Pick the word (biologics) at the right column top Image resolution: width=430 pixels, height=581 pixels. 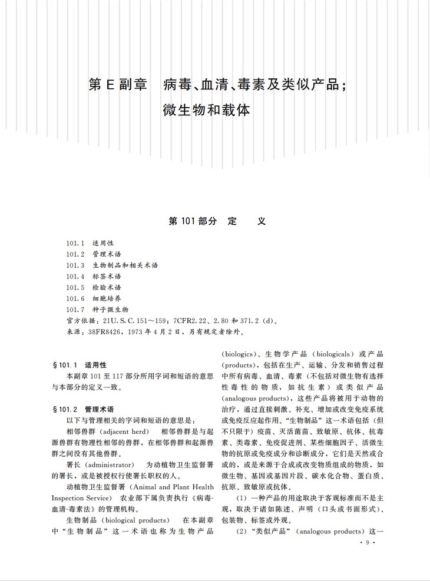pos(237,354)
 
